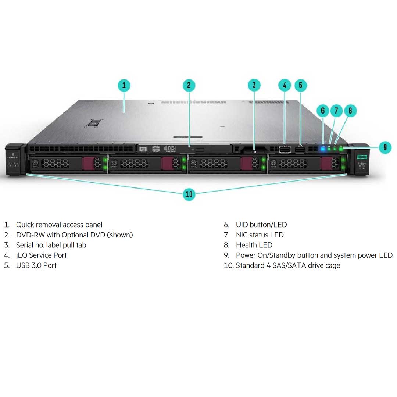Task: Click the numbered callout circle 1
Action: pos(124,86)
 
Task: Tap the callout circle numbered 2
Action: pos(189,86)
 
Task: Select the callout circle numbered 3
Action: pos(254,86)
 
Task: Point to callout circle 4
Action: pos(285,86)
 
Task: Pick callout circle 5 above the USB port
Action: pos(300,86)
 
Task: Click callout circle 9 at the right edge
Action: pos(385,147)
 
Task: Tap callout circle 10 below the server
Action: pos(189,194)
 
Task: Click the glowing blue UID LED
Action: pos(323,149)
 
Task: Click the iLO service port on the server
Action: pos(285,149)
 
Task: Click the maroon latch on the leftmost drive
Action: pos(88,163)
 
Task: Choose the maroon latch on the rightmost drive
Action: pos(326,163)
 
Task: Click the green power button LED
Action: pos(341,149)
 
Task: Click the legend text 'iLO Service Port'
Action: pos(41,255)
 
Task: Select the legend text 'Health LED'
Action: pos(254,245)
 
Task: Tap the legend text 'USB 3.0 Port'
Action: pos(36,265)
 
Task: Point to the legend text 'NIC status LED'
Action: pos(260,235)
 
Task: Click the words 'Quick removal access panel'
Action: pos(59,225)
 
